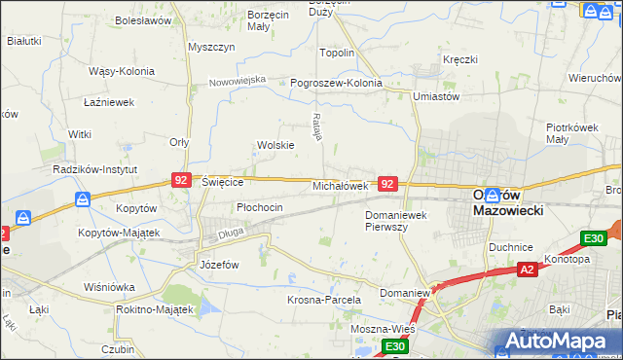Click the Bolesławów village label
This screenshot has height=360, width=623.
coord(142,19)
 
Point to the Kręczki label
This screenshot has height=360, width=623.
coord(459,59)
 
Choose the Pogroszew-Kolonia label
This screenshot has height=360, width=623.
coord(337,83)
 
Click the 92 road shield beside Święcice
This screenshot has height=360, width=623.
coord(180,180)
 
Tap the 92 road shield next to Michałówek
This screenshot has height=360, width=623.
coord(387,183)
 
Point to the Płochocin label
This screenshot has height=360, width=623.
coord(260,207)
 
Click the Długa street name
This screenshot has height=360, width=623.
coord(230,232)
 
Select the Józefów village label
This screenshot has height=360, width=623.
coord(219,264)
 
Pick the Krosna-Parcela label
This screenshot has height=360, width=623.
coord(324,300)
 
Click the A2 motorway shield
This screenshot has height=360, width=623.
coord(527,270)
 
